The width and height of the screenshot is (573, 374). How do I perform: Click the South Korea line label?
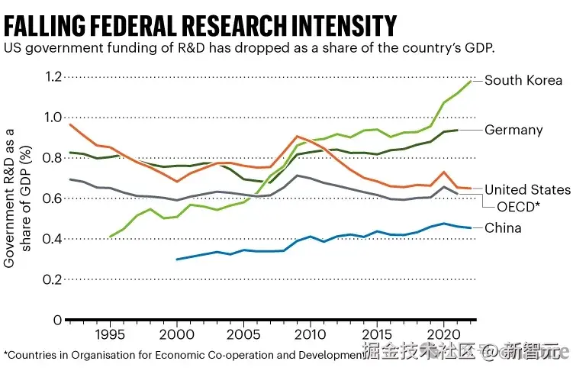(523, 80)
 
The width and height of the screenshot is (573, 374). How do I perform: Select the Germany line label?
(513, 130)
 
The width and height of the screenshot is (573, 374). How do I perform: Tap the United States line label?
(527, 190)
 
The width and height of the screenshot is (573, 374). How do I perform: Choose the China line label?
(503, 227)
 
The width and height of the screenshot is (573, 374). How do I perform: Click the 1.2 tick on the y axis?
(53, 76)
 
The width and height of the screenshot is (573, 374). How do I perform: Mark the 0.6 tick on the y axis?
(53, 198)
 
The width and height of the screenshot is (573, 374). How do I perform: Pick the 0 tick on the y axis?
(57, 320)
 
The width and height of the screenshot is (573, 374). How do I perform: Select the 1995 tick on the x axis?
(111, 334)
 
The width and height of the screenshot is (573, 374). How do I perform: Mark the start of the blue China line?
(177, 260)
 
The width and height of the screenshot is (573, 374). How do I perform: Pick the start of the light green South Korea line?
(111, 237)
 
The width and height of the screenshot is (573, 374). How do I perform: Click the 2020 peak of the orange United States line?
(445, 172)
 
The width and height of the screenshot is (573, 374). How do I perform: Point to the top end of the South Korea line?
(472, 80)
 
